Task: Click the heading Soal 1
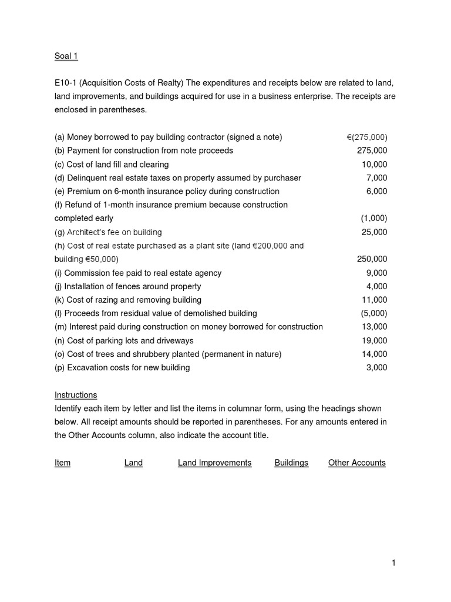pyautogui.click(x=66, y=56)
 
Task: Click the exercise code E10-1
pyautogui.click(x=66, y=83)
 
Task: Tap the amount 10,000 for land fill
pyautogui.click(x=374, y=164)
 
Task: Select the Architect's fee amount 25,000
pyautogui.click(x=374, y=232)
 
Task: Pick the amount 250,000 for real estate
pyautogui.click(x=372, y=259)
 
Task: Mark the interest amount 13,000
pyautogui.click(x=374, y=327)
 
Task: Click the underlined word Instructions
pyautogui.click(x=76, y=395)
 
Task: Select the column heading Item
pyautogui.click(x=62, y=463)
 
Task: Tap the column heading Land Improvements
pyautogui.click(x=214, y=463)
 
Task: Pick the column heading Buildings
pyautogui.click(x=291, y=463)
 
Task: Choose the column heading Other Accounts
pyautogui.click(x=356, y=463)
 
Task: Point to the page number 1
pyautogui.click(x=394, y=563)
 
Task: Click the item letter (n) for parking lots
pyautogui.click(x=60, y=340)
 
